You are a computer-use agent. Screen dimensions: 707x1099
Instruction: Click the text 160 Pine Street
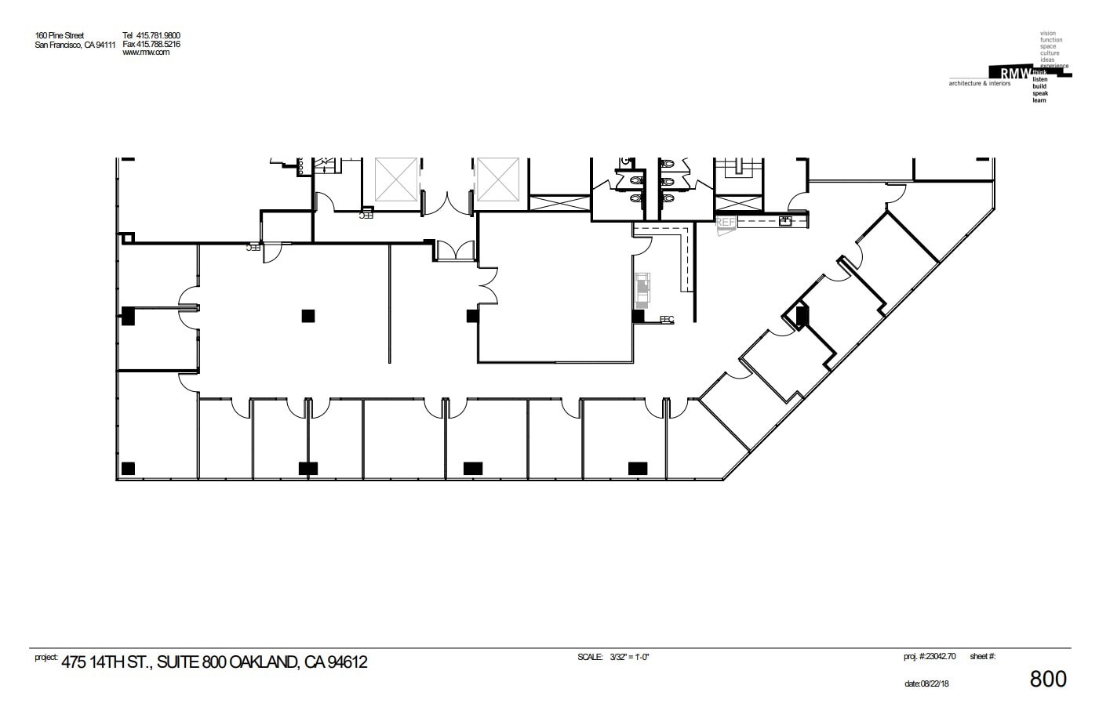60,35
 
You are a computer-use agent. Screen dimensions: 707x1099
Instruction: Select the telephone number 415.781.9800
158,35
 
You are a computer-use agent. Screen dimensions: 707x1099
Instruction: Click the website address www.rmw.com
146,53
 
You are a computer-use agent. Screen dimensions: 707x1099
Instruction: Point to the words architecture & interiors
980,83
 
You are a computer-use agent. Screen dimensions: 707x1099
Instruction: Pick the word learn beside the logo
1039,100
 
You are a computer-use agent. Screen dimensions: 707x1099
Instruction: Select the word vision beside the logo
1047,34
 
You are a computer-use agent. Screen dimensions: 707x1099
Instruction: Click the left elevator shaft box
396,179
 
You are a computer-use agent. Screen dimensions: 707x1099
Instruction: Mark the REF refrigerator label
726,223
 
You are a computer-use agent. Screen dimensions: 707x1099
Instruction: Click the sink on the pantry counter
784,221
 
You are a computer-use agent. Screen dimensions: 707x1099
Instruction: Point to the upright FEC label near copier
667,319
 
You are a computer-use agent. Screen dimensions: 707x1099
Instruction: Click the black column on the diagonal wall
802,315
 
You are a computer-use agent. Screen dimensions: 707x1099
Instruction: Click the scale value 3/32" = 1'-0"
630,657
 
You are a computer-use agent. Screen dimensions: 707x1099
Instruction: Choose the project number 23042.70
939,657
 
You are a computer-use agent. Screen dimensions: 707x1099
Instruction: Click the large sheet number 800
1047,679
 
